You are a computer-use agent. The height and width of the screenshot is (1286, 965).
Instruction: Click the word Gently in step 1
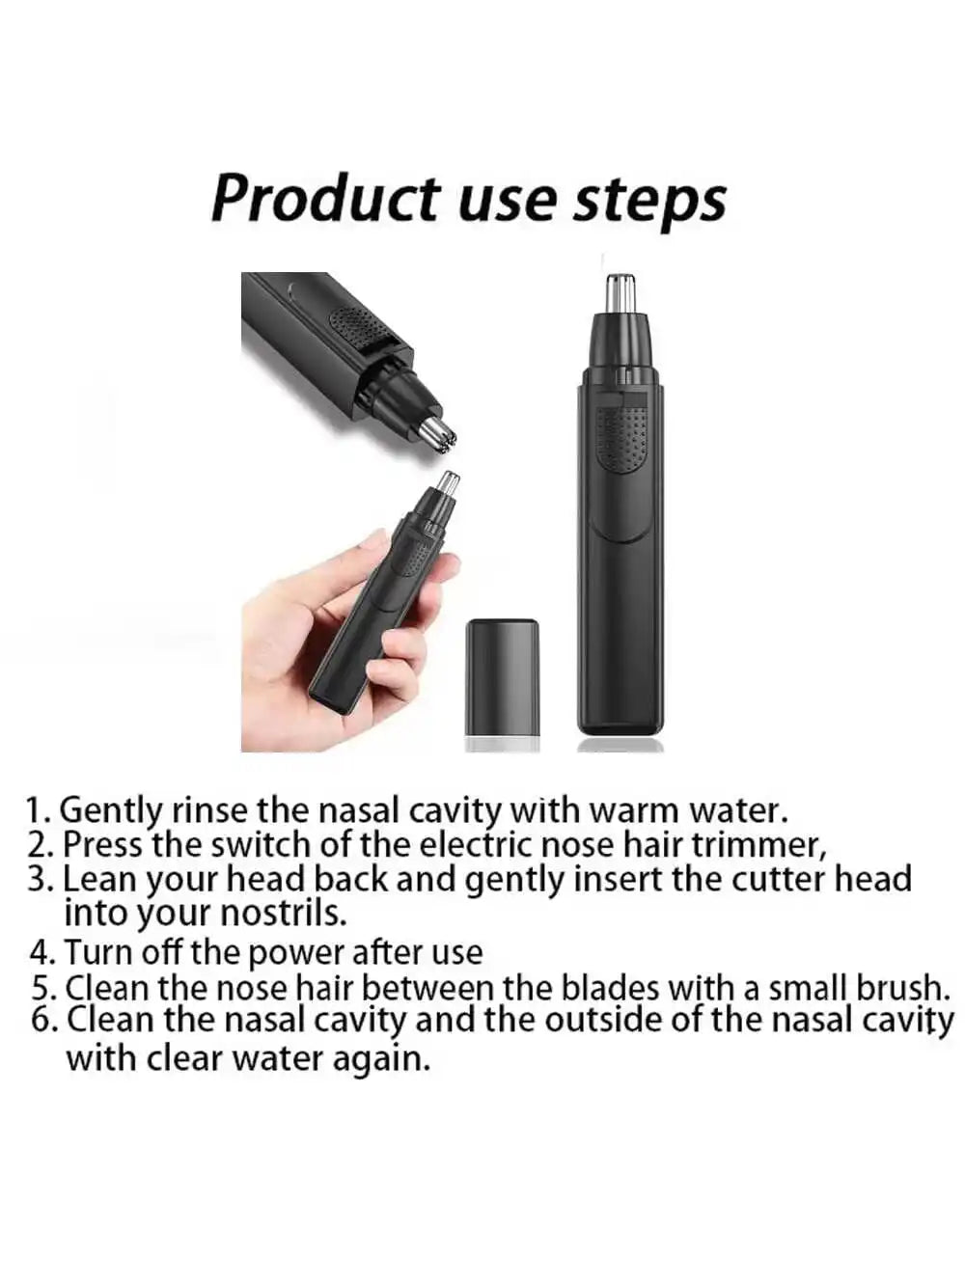point(113,810)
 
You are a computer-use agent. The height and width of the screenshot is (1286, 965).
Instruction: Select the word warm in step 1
point(635,809)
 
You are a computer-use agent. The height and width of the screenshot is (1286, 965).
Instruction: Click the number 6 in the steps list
point(43,1020)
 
